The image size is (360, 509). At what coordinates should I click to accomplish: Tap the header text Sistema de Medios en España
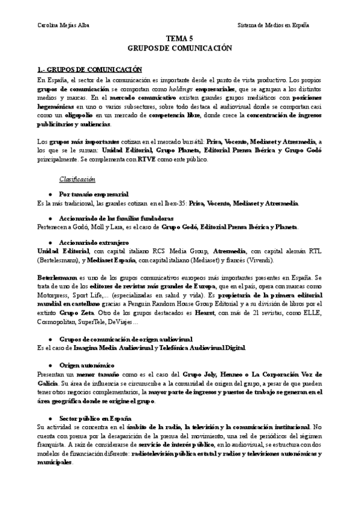point(274,25)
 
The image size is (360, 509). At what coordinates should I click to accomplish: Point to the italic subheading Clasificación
point(76,178)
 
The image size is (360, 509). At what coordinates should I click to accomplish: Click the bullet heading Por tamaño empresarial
point(93,194)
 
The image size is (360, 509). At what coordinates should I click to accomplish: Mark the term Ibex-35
point(170,203)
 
